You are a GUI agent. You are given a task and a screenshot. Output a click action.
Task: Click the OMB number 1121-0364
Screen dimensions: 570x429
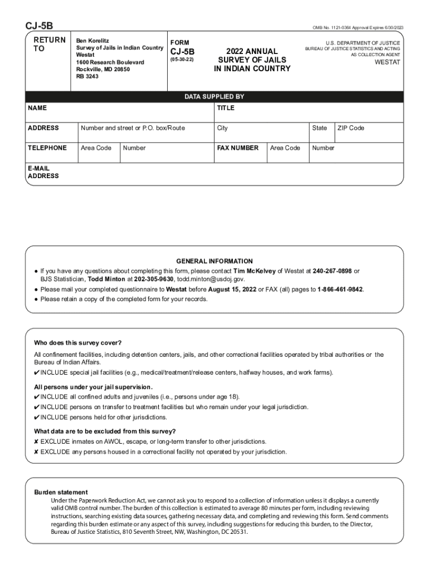click(x=335, y=27)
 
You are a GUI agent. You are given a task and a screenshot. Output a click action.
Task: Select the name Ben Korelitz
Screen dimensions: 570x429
click(x=92, y=41)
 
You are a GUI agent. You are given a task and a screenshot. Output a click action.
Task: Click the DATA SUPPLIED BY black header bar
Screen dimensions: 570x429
click(x=214, y=96)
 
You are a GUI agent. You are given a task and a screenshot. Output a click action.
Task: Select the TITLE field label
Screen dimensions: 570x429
click(x=226, y=107)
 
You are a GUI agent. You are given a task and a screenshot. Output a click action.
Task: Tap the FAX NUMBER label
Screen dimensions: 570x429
click(x=237, y=148)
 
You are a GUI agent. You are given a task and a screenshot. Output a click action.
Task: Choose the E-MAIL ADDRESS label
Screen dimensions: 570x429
click(x=43, y=172)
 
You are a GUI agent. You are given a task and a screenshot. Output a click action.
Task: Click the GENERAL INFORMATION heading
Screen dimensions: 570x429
click(x=214, y=261)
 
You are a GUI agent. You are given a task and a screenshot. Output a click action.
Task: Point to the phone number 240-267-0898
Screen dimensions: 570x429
click(x=332, y=271)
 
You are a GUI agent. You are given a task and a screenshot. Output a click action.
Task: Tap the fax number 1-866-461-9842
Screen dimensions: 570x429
click(x=340, y=289)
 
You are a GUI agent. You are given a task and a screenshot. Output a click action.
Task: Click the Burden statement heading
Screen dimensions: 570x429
click(x=61, y=492)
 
